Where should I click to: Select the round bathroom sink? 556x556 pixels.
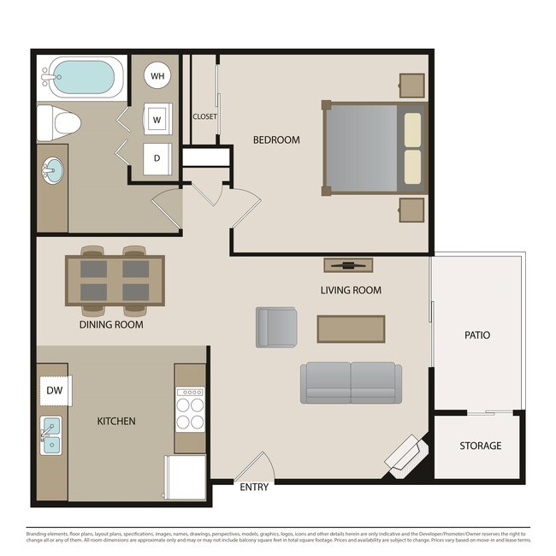[x=51, y=170]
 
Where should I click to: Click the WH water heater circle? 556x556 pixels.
[x=157, y=76]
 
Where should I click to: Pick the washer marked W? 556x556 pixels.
[x=157, y=119]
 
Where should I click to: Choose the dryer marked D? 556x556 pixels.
[x=157, y=158]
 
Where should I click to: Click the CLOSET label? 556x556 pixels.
[x=204, y=117]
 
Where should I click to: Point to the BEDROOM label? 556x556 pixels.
[x=276, y=139]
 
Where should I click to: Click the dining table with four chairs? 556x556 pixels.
[x=115, y=281]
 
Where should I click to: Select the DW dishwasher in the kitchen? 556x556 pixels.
[x=55, y=390]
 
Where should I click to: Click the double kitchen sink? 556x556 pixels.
[x=51, y=434]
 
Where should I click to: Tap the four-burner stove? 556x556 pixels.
[x=190, y=408]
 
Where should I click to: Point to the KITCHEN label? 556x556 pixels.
[x=115, y=422]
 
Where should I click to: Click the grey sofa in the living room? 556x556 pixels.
[x=350, y=382]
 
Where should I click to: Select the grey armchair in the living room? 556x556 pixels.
[x=276, y=327]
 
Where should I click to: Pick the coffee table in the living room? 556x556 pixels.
[x=351, y=328]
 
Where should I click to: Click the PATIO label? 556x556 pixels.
[x=477, y=335]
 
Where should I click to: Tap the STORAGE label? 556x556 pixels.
[x=480, y=446]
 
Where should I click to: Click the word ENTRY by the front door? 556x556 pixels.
[x=254, y=488]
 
